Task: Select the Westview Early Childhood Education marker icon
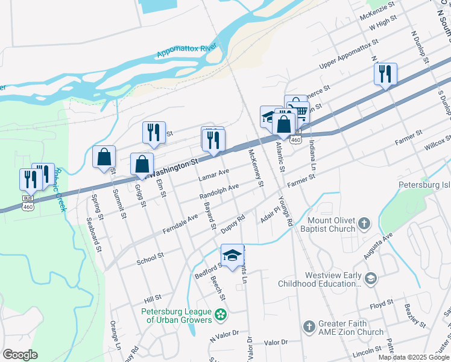click(371, 279)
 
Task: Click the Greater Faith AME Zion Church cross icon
click(309, 326)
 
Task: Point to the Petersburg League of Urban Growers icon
click(221, 314)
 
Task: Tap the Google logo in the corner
click(20, 355)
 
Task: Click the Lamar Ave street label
click(214, 176)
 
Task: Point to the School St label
click(150, 256)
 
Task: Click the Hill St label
click(153, 297)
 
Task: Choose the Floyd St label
click(381, 302)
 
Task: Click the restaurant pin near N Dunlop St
click(385, 75)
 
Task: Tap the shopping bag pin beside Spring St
click(104, 157)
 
